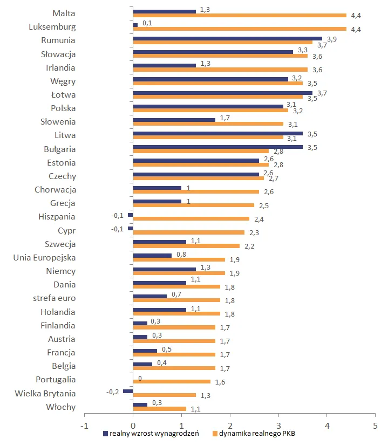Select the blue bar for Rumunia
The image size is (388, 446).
coord(227,38)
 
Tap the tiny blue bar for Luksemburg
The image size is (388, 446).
coord(135,25)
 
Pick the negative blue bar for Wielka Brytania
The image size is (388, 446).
coord(128,391)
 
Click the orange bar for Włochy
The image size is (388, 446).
coord(159,409)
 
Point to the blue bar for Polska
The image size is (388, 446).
coord(208,106)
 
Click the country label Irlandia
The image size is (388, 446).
coord(60,68)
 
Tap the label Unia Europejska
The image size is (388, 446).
coord(44,258)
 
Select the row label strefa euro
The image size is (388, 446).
coord(53,298)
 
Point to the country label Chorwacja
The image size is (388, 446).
coord(55,190)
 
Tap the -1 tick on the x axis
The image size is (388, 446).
coord(84,424)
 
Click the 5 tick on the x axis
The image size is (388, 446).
coord(375,424)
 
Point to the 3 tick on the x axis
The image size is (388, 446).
coord(278,424)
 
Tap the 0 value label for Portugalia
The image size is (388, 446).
coord(140,379)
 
